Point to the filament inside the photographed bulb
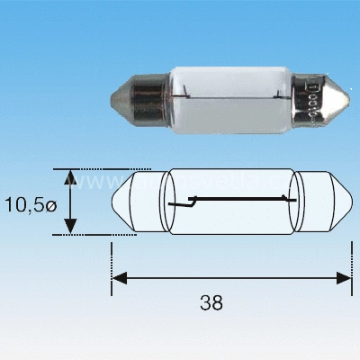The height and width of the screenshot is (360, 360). [x=225, y=94]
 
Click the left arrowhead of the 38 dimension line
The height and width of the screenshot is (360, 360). [x=118, y=278]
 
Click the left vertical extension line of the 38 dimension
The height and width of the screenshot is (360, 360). [x=112, y=265]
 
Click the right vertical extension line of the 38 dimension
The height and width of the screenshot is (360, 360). [x=350, y=265]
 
